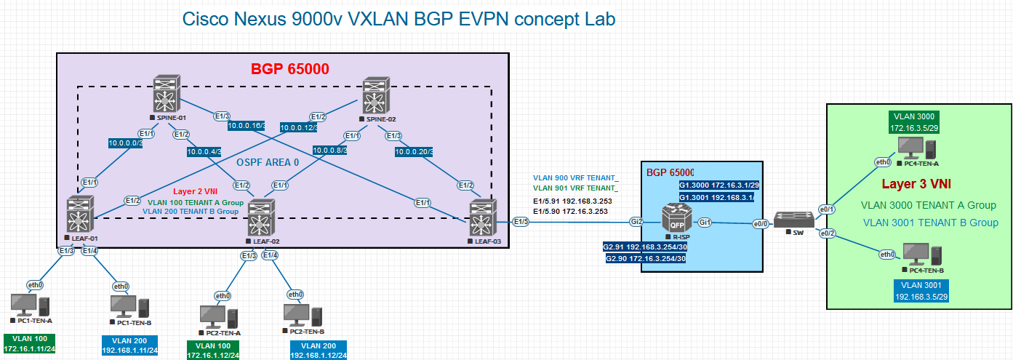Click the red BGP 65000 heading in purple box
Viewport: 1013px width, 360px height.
(x=290, y=70)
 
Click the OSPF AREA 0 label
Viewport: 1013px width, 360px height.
(x=268, y=162)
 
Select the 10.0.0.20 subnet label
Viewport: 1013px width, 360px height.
(x=414, y=152)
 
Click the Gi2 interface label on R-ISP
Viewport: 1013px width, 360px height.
(x=636, y=222)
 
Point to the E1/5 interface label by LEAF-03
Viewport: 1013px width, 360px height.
(x=521, y=222)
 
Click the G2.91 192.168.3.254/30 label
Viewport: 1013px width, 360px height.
(x=645, y=247)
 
